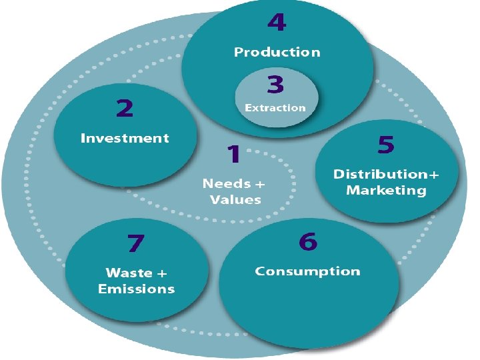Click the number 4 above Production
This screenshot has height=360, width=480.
coord(277,23)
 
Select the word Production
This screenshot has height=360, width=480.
coord(277,52)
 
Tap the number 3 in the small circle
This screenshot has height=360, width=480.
coord(275,85)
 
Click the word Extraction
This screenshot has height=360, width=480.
coord(275,107)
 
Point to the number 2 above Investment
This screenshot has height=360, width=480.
coord(125,108)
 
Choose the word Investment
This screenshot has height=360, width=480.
coord(125,139)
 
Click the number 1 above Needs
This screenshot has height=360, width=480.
coord(233,155)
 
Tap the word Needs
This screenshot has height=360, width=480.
coord(227,183)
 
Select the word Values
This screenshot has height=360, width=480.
coord(235,199)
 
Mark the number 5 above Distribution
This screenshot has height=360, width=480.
coord(386,144)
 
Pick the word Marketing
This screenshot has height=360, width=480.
coord(386,191)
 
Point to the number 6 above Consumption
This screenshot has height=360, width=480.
coord(307,241)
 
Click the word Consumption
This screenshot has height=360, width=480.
coord(307,271)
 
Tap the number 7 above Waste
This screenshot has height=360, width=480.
coord(135,243)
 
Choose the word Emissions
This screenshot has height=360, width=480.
coord(136,289)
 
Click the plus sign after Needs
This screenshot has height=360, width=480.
coord(260,183)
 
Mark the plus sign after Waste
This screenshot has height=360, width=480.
coord(162,273)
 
